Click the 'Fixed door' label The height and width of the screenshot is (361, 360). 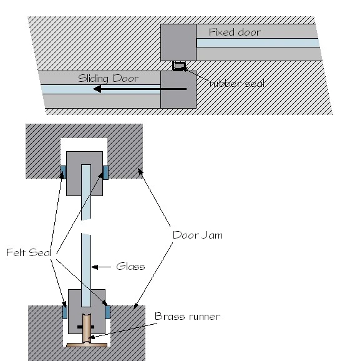(235, 32)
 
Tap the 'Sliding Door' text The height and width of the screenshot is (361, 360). (108, 79)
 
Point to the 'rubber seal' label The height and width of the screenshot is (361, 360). (237, 83)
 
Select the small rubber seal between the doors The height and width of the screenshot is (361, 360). (179, 66)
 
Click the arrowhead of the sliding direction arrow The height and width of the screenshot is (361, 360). (97, 89)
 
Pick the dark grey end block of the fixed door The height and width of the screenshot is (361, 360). (178, 42)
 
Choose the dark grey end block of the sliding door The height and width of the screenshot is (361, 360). (178, 89)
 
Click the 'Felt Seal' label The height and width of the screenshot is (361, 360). (29, 252)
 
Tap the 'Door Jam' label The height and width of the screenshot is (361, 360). (198, 235)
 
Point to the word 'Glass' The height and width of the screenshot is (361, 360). (130, 267)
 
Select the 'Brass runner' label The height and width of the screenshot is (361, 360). (187, 316)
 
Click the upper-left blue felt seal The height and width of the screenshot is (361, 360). (64, 172)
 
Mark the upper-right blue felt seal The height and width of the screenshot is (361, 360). (105, 172)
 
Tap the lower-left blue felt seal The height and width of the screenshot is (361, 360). (65, 312)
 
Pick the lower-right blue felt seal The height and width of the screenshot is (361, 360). (108, 312)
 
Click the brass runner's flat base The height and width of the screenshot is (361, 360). (87, 345)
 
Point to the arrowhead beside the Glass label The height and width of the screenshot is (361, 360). (95, 267)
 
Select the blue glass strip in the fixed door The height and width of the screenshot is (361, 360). (258, 43)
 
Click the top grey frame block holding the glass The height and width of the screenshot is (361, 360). (84, 174)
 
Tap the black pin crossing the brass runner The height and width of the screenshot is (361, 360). (86, 327)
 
